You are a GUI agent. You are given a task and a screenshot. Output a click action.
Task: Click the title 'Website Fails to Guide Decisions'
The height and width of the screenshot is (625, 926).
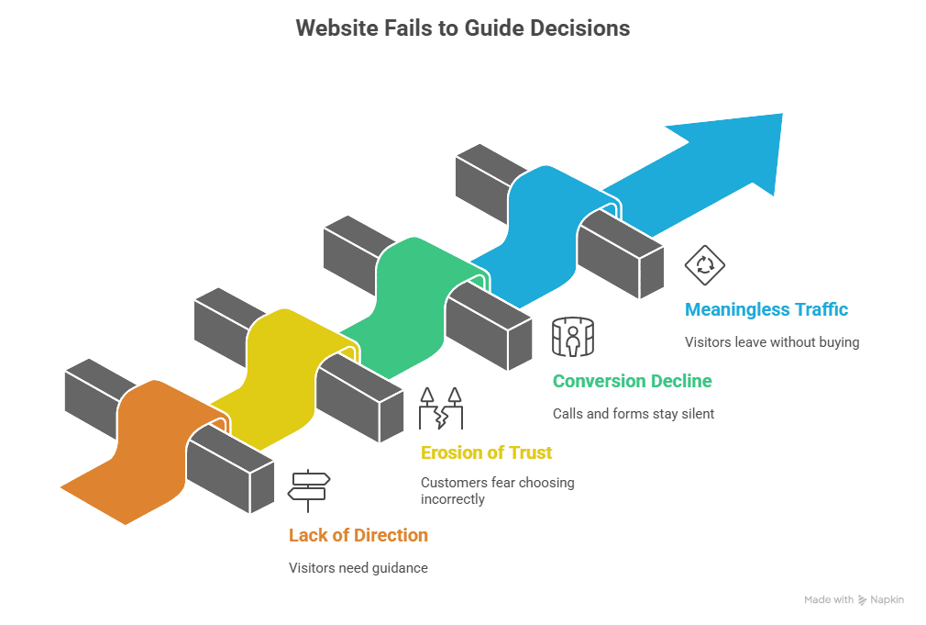tap(462, 28)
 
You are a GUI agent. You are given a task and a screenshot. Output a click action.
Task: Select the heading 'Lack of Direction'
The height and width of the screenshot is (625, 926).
tap(358, 535)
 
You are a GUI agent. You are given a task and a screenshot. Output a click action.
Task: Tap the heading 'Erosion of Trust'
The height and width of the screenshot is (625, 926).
tap(486, 452)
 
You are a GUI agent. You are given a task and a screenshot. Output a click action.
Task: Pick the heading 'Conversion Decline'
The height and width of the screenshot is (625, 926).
tap(632, 381)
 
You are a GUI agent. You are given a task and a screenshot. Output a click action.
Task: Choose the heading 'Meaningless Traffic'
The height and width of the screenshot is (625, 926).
tap(766, 309)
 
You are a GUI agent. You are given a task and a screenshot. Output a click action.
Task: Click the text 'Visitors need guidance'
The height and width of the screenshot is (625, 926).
tap(358, 568)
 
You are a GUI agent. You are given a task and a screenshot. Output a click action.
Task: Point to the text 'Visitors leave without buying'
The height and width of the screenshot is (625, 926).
tap(772, 342)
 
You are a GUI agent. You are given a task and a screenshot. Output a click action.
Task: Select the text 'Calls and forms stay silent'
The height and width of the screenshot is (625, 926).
tap(634, 414)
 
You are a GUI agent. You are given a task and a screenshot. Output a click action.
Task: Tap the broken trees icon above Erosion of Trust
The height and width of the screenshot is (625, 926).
tap(440, 408)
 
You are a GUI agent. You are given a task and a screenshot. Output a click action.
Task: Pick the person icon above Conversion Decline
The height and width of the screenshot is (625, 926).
tap(573, 337)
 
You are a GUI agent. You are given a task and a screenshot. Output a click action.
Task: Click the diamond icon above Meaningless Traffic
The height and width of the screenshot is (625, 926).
tap(704, 265)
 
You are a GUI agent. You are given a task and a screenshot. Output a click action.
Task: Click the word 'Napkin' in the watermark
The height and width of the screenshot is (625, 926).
tap(887, 599)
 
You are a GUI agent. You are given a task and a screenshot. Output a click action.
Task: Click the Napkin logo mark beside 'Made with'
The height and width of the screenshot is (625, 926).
tap(862, 599)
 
